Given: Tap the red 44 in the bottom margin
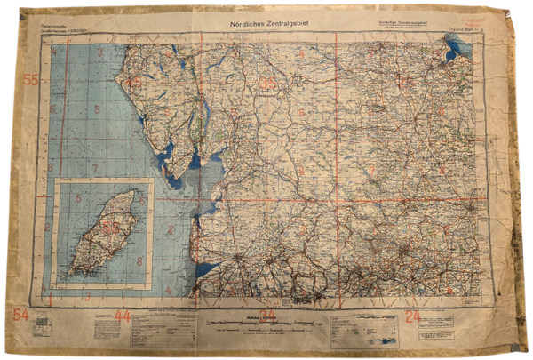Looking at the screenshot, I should tap(122, 316).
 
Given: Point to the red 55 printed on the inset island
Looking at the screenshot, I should tap(109, 228).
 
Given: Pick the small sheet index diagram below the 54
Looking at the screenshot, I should tap(44, 330).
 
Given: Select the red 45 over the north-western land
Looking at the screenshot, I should tap(134, 84).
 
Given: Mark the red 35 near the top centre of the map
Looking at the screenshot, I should tap(267, 84).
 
